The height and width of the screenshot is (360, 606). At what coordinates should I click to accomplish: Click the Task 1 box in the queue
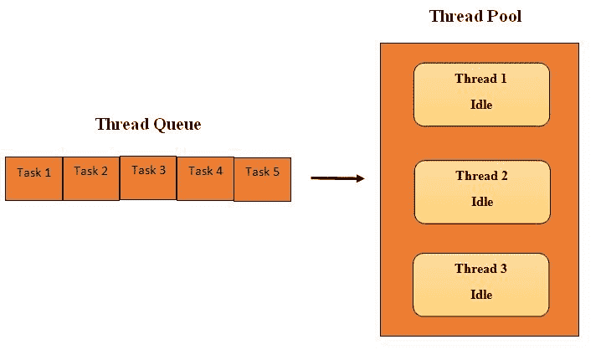click(34, 178)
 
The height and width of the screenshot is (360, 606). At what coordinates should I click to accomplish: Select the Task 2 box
click(91, 177)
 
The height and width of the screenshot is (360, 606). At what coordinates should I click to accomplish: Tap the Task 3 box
click(148, 177)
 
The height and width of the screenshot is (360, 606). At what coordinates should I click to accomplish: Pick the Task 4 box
click(205, 177)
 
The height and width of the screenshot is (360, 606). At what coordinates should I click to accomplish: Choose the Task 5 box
click(262, 178)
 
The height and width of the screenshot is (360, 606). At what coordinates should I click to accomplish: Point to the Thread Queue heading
click(148, 125)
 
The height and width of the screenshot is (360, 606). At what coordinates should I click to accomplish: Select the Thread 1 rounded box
click(481, 95)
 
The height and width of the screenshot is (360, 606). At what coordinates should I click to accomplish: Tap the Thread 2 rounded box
click(482, 192)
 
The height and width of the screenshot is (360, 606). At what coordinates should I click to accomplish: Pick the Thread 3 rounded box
click(481, 285)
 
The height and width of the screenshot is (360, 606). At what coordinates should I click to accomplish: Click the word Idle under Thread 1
click(481, 105)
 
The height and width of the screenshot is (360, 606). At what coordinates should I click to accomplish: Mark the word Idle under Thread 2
click(482, 202)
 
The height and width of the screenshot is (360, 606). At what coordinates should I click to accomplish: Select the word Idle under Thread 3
click(481, 295)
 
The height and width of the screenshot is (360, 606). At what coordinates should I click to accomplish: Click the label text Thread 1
click(481, 79)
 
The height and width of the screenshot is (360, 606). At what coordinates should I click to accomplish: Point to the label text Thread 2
click(482, 176)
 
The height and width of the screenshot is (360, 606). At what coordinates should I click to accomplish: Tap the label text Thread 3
click(481, 269)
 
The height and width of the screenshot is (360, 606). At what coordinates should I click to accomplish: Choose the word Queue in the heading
click(177, 125)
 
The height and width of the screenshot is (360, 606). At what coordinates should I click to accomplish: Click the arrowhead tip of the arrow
click(363, 177)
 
